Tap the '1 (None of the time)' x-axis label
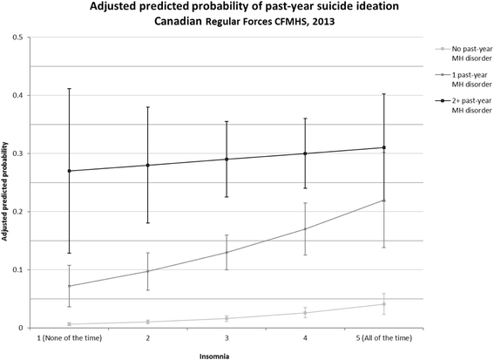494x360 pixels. [69, 336]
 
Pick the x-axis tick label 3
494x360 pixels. [227, 336]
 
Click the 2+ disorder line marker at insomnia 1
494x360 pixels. [69, 171]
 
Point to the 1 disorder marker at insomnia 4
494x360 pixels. [305, 229]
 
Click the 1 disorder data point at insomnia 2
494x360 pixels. [147, 271]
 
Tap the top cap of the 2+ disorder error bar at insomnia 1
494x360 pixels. [69, 89]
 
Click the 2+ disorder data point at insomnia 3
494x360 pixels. [227, 160]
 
